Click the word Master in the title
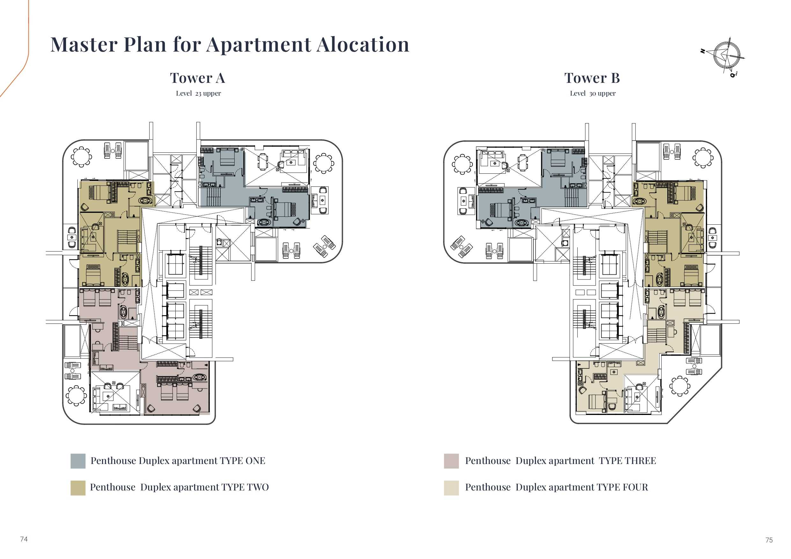[84, 44]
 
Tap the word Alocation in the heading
[363, 44]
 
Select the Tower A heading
[197, 78]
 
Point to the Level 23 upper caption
[198, 93]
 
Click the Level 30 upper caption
[593, 93]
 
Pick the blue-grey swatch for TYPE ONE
[78, 461]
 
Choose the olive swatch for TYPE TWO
[78, 488]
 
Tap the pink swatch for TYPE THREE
[451, 461]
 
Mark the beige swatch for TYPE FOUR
[451, 488]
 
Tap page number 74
[24, 539]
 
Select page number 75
[769, 540]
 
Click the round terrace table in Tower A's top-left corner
[81, 157]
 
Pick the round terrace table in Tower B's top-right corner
[703, 158]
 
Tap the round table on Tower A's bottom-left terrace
[76, 396]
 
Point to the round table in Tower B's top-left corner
[462, 164]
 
